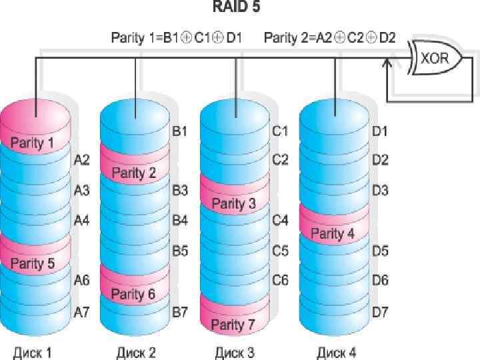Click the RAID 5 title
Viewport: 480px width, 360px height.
[235, 8]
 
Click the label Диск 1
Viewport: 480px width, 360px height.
[32, 351]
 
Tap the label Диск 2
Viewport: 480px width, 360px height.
[135, 351]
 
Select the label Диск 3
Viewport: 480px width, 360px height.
[234, 351]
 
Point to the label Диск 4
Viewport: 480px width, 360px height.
[336, 351]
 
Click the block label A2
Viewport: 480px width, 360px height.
[81, 160]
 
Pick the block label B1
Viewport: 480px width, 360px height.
[179, 131]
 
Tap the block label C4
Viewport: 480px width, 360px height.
[280, 220]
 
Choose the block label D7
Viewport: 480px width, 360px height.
[380, 311]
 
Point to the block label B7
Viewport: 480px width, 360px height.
[180, 311]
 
